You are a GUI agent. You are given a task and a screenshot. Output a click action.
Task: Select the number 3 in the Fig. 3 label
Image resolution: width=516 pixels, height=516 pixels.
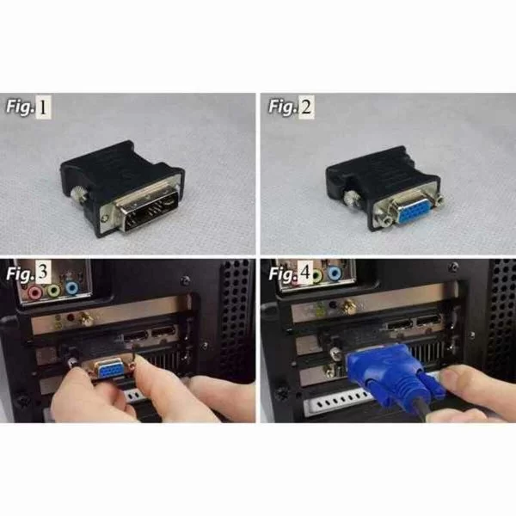point(43,273)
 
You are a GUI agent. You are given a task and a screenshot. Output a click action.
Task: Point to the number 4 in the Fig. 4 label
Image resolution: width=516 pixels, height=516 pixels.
point(304,274)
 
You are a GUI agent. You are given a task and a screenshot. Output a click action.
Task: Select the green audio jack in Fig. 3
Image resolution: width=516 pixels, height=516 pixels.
point(54,291)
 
